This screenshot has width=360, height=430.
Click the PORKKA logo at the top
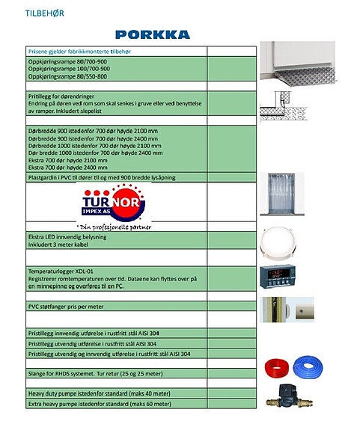pos(153,34)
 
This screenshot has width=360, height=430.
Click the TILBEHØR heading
pos(43,13)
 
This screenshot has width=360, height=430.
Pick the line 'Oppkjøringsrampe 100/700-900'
pos(68,68)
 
